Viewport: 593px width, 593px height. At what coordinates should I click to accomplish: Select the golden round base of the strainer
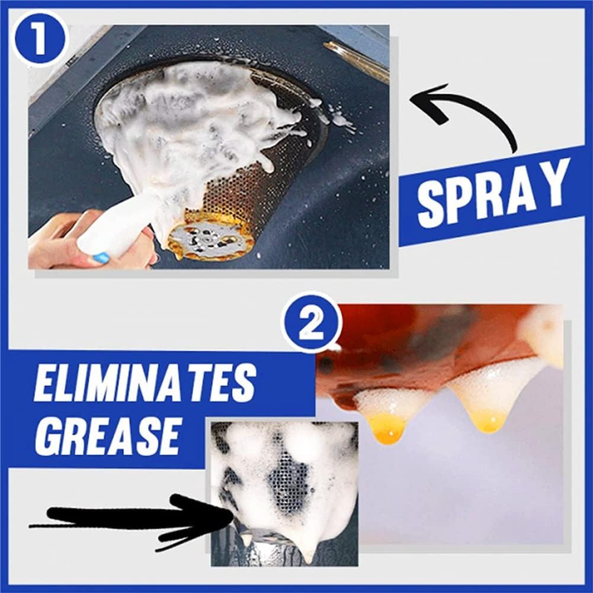coord(211,240)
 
